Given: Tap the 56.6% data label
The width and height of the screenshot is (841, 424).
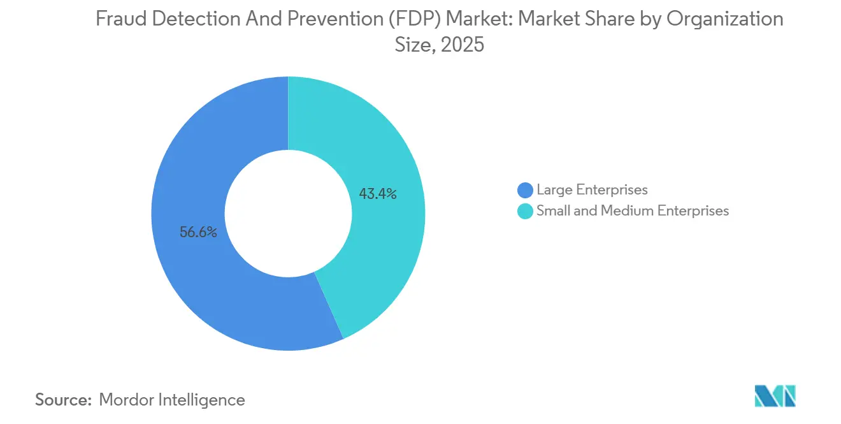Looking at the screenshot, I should (x=198, y=233).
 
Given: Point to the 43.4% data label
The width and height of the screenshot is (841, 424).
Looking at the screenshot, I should (x=378, y=194).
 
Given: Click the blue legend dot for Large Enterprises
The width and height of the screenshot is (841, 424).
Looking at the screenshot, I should (x=526, y=190).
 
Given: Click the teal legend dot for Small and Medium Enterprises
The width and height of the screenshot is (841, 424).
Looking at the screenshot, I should (x=526, y=211).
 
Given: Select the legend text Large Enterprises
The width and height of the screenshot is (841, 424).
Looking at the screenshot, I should (x=592, y=190).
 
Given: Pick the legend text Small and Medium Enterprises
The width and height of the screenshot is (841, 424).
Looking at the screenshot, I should (x=632, y=211).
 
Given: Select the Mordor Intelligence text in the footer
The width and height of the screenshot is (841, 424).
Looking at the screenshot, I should (x=172, y=400).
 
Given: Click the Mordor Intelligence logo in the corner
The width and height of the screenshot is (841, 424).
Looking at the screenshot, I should (x=775, y=396).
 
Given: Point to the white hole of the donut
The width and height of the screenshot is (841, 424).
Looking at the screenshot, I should (x=288, y=214).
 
